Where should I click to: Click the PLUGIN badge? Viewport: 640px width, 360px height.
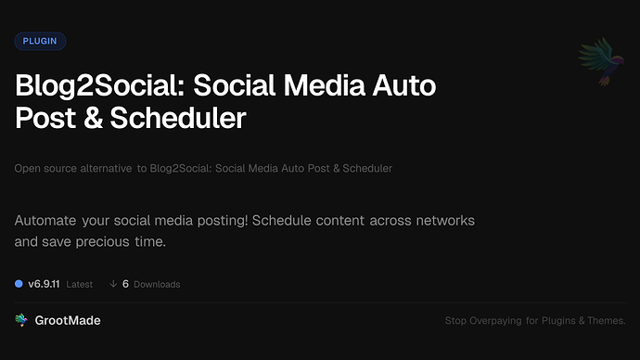[40, 41]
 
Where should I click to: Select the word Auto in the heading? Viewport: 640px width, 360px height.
[403, 88]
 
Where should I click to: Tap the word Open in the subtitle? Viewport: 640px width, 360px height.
[26, 169]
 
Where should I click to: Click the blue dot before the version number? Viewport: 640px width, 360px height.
[19, 284]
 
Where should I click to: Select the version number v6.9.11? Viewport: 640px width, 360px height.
[45, 284]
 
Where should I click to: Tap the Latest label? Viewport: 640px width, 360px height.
[80, 284]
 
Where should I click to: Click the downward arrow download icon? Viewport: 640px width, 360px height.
[113, 284]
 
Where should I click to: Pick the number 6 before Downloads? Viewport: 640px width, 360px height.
[125, 284]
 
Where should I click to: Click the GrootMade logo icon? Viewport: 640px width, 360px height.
[21, 320]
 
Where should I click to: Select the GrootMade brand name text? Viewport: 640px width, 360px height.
[68, 320]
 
